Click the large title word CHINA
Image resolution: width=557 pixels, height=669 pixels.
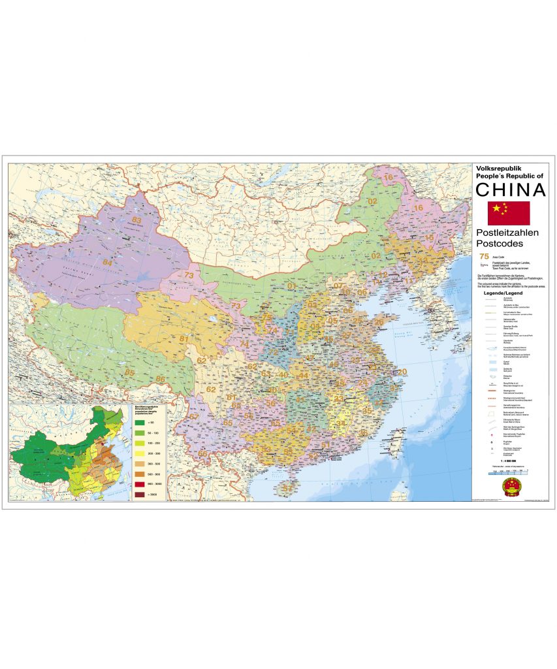coord(510,190)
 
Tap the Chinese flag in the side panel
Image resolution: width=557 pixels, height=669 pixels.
coord(509,213)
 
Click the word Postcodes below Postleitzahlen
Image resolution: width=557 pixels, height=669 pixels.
coord(500,244)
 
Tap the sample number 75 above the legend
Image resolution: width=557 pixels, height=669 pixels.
coord(484,257)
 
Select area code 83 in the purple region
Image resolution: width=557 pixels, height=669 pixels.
coord(136,220)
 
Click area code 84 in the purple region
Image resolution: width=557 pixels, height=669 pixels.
coord(107,263)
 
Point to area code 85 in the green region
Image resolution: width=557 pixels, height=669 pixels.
coord(130,373)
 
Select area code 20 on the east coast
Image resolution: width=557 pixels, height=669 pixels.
coord(402,372)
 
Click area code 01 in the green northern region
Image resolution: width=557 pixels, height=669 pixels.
coord(291,286)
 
